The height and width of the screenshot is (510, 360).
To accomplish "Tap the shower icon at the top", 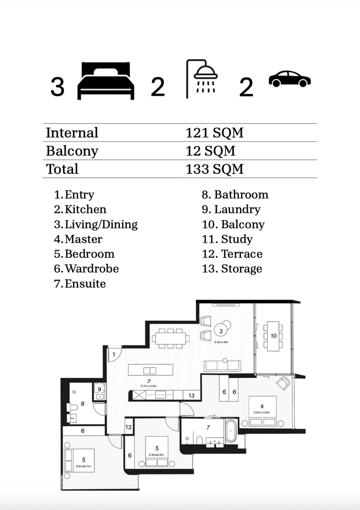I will pyautogui.click(x=203, y=79).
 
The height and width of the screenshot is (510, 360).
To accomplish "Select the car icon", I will pyautogui.click(x=290, y=79).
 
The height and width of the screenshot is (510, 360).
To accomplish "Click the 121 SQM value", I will pyautogui.click(x=214, y=133).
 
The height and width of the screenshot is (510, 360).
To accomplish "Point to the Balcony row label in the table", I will pyautogui.click(x=72, y=151).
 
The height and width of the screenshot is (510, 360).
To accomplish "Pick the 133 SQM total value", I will pyautogui.click(x=214, y=169).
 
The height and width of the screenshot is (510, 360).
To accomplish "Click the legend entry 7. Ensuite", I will pyautogui.click(x=80, y=284).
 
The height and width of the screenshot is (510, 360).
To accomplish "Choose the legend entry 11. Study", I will pyautogui.click(x=227, y=239).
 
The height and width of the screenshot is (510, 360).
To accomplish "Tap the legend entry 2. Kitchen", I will pyautogui.click(x=80, y=209).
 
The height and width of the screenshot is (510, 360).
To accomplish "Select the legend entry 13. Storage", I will pyautogui.click(x=232, y=269).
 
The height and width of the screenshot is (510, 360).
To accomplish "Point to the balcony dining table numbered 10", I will pyautogui.click(x=273, y=336).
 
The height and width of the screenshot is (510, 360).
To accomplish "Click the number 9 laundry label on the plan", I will pyautogui.click(x=99, y=389).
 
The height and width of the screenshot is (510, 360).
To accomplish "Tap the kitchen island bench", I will pyautogui.click(x=151, y=370).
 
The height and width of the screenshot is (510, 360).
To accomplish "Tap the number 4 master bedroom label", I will pyautogui.click(x=262, y=406).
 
